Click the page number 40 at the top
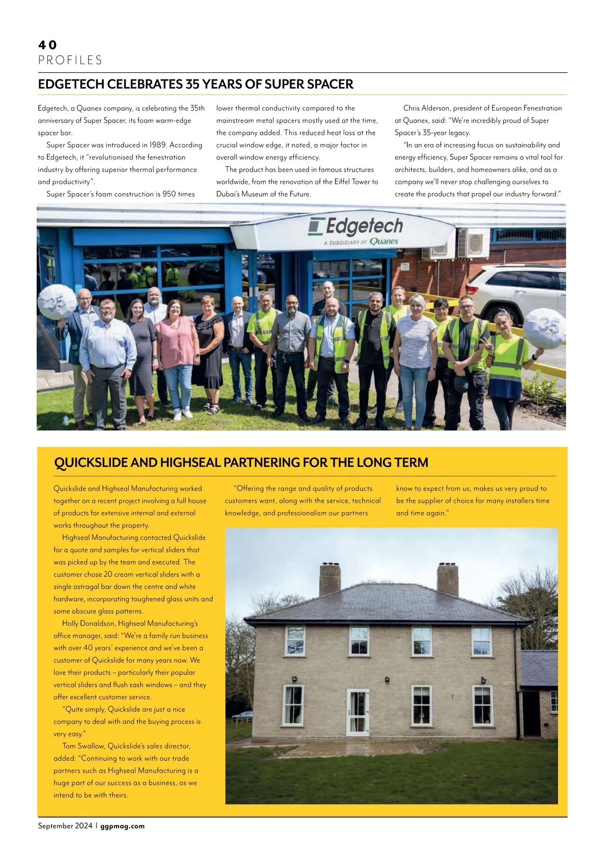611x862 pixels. (47, 45)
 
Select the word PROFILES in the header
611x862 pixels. (70, 61)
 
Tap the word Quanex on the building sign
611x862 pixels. (384, 241)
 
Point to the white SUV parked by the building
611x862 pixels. (514, 292)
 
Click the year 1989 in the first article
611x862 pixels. (154, 145)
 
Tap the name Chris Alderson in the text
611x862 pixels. (427, 108)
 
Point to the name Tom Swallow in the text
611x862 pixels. (83, 746)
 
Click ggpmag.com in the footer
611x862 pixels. (123, 826)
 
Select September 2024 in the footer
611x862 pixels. (65, 826)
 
